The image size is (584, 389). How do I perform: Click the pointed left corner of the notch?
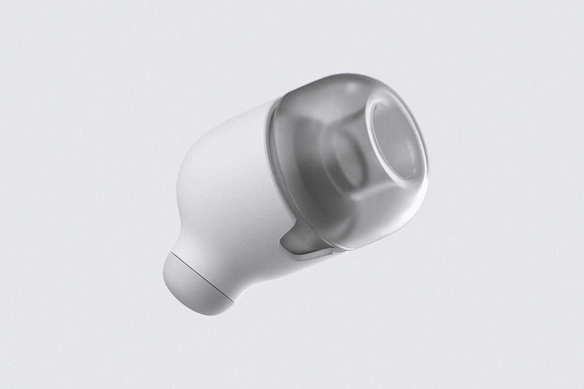point(281,238)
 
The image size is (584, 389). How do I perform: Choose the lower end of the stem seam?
point(233,301)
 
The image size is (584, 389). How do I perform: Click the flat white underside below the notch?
point(273,272)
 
